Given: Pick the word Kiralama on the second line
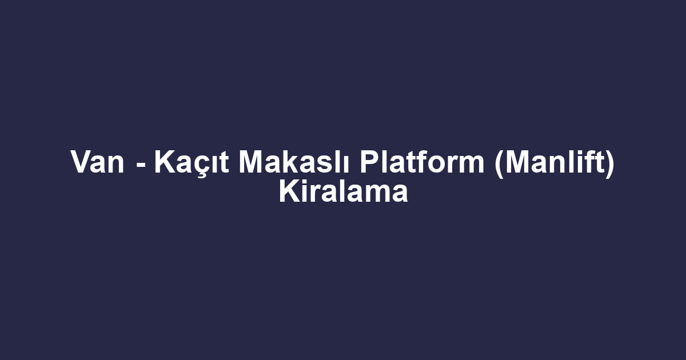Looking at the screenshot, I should point(343,193).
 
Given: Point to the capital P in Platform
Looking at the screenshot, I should point(368,163).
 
